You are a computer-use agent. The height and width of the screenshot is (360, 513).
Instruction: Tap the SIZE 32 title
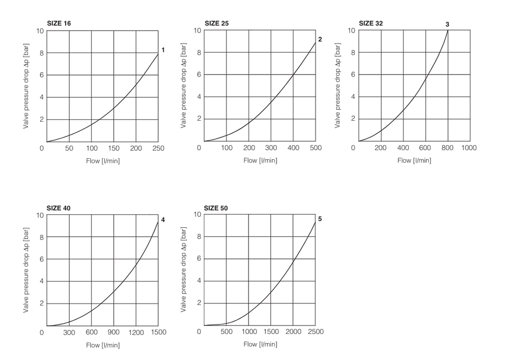click(371, 24)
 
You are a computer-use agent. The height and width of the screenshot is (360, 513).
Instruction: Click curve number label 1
click(163, 50)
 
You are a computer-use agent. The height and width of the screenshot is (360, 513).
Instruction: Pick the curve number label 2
click(320, 39)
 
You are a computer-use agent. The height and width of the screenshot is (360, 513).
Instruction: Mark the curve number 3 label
click(447, 24)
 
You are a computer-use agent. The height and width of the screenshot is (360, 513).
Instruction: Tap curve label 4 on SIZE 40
click(163, 220)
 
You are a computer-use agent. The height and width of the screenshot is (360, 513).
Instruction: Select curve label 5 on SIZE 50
click(320, 219)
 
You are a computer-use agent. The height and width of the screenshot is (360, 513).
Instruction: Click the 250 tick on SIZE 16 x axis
click(158, 148)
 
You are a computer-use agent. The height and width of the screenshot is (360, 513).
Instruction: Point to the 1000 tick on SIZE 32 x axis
click(469, 148)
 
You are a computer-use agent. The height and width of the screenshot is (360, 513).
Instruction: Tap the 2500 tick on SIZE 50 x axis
click(315, 331)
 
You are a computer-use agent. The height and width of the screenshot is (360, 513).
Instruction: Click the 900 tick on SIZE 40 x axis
click(114, 332)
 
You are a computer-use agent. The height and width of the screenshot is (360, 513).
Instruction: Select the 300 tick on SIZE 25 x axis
click(271, 148)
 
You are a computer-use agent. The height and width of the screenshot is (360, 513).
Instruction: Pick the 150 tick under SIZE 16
click(114, 148)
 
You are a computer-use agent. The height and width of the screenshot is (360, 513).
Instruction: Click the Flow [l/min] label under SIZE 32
click(414, 160)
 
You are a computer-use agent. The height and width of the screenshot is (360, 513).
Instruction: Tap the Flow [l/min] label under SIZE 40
click(103, 345)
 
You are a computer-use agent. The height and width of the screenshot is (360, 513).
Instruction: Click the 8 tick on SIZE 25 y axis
click(199, 53)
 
